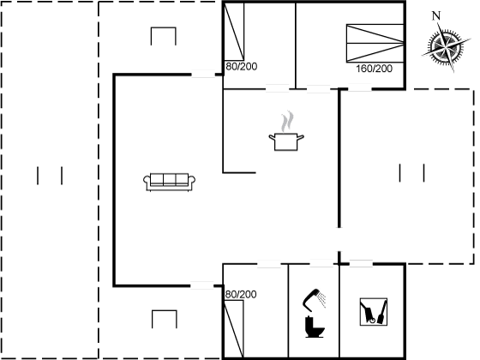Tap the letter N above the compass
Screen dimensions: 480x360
point(436,16)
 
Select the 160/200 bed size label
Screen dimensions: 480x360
point(374,69)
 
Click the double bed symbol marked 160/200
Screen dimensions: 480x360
point(375,43)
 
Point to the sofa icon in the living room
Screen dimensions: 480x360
point(170,182)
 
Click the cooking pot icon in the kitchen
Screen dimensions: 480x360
point(286,141)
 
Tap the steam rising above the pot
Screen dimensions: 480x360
point(287,121)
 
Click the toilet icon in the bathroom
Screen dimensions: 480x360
point(315,327)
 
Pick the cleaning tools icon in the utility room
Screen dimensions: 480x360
point(374,312)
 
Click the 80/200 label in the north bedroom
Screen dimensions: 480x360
point(241,67)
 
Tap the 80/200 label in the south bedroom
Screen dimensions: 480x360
point(241,295)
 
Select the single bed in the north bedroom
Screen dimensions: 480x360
point(234,32)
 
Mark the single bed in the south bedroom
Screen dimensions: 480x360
point(233,329)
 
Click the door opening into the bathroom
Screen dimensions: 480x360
point(321,264)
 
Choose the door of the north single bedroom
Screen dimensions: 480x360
point(278,89)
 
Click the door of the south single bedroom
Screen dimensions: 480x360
point(269,264)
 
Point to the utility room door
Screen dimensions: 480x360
point(361,263)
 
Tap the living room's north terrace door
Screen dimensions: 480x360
point(203,74)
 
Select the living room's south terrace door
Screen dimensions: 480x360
point(202,285)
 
